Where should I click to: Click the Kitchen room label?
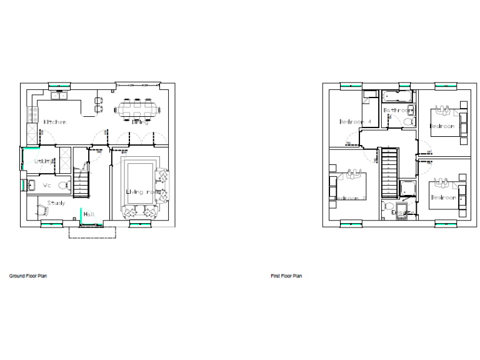pyautogui.click(x=54, y=122)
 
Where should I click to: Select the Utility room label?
pyautogui.click(x=38, y=161)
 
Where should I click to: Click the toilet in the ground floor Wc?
pyautogui.click(x=63, y=185)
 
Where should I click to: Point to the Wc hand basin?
pyautogui.click(x=31, y=185)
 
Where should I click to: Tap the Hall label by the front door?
pyautogui.click(x=89, y=214)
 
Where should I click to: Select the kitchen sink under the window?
pyautogui.click(x=59, y=95)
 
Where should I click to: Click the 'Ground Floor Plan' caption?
pyautogui.click(x=27, y=276)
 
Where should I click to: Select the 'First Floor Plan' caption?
pyautogui.click(x=286, y=276)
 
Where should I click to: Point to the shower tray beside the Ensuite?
pyautogui.click(x=407, y=187)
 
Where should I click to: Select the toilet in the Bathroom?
pyautogui.click(x=407, y=122)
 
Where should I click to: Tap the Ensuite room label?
pyautogui.click(x=402, y=212)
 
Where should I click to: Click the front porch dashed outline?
pyautogui.click(x=92, y=232)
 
